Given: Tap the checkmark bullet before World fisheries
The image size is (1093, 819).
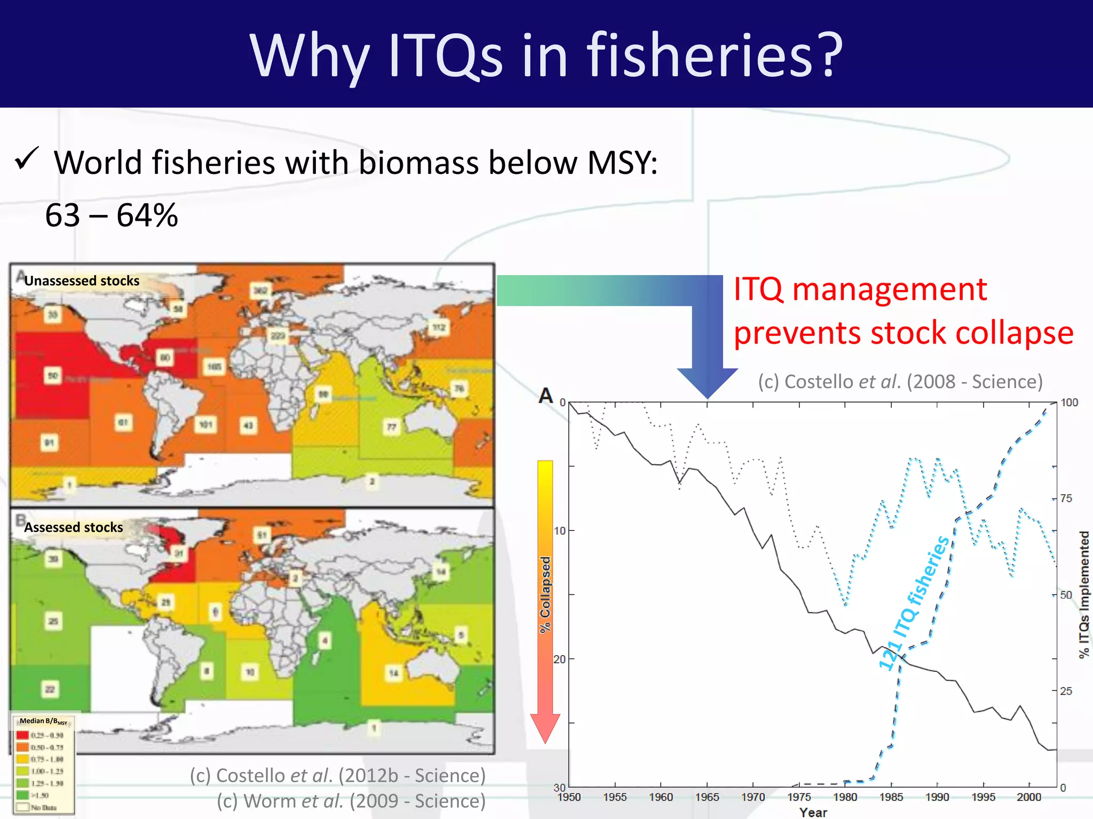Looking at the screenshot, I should tap(27, 159).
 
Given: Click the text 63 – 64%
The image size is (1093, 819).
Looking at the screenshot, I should tap(112, 215).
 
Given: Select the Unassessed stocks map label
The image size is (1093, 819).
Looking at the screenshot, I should tap(82, 281).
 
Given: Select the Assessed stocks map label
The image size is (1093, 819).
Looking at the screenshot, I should tap(74, 527).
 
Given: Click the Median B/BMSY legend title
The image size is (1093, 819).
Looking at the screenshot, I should tap(43, 721).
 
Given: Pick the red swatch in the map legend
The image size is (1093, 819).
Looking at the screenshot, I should tap(22, 735).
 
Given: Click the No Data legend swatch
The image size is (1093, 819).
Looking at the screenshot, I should tap(22, 807).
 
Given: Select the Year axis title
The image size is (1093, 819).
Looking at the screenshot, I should tap(813, 812).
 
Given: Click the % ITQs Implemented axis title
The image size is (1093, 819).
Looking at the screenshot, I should tap(1084, 595).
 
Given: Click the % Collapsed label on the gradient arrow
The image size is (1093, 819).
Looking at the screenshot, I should tap(545, 595).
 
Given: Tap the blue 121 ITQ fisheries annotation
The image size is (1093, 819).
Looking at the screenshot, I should tap(915, 603).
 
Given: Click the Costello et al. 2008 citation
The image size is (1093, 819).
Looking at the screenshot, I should tap(900, 382).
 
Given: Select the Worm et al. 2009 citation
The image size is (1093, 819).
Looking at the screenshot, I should tap(351, 801).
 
